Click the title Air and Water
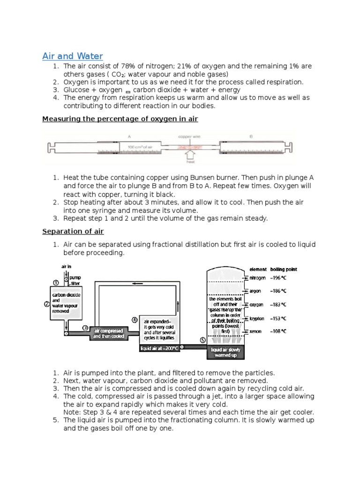pyautogui.click(x=72, y=56)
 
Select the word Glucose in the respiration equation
pyautogui.click(x=76, y=90)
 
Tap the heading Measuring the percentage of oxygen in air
pyautogui.click(x=120, y=119)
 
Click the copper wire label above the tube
pyautogui.click(x=189, y=137)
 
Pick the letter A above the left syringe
pyautogui.click(x=129, y=137)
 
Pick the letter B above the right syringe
pyautogui.click(x=251, y=137)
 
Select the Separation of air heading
pyautogui.click(x=73, y=232)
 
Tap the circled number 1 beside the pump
pyautogui.click(x=55, y=283)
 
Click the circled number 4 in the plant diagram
pyautogui.click(x=135, y=320)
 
